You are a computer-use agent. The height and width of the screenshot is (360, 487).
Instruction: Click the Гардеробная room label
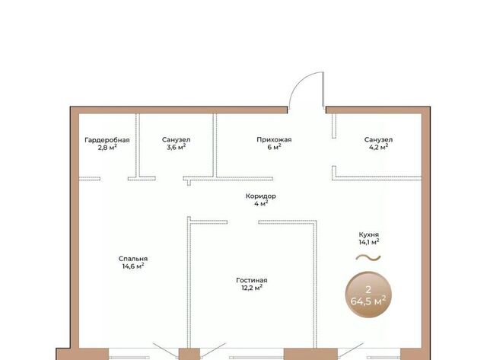coord(107,140)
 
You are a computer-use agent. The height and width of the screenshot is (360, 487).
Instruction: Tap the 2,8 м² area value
coord(107,147)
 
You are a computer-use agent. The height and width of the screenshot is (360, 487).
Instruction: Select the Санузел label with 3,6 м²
coord(176,140)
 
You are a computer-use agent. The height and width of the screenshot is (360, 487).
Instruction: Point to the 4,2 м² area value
coord(378,147)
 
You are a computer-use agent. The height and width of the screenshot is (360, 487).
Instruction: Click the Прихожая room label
coord(274,140)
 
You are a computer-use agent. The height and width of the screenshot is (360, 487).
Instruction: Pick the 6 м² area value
coord(274,147)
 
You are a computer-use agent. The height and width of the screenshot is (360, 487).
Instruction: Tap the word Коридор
coord(260,196)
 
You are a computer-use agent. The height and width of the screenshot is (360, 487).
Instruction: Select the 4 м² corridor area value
coord(261,204)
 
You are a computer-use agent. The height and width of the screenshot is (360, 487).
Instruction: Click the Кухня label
coord(368,234)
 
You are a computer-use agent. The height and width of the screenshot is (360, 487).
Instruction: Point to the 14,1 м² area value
coord(369,242)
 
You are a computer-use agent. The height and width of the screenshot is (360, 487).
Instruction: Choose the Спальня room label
coord(133,259)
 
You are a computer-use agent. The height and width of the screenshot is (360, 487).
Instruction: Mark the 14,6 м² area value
coord(133,266)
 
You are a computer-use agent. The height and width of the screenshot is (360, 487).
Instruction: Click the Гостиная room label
coord(252,280)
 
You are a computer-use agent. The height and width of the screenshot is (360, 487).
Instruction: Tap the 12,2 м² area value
coord(252,288)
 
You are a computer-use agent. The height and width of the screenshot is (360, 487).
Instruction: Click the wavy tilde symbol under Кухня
coord(368,257)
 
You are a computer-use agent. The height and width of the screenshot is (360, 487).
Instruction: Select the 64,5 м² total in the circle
coord(368,301)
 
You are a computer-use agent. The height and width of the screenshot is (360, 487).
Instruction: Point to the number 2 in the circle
coord(368,289)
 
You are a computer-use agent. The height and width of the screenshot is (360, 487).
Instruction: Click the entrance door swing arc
coord(299,81)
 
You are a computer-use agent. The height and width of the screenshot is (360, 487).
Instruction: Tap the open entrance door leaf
coord(323,90)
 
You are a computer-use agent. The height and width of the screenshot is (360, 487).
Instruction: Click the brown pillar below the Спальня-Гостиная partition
coord(189,354)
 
